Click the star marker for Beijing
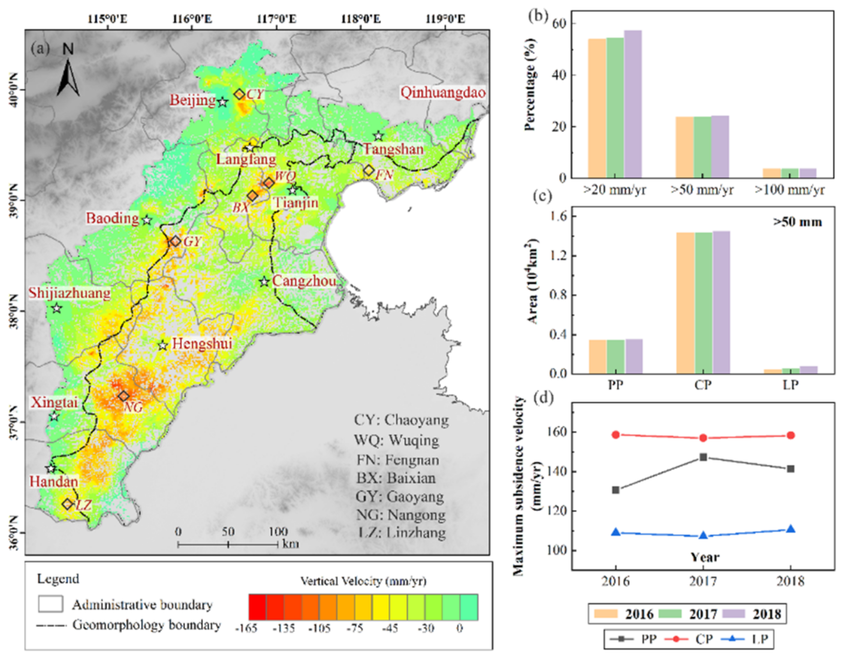pos(222,102)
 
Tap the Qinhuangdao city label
pos(443,93)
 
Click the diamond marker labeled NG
pos(124,396)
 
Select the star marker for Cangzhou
pos(264,281)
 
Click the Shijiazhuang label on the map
pos(70,293)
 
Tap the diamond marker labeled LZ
pos(68,504)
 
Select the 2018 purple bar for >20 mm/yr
pos(633,104)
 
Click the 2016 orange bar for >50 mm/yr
pos(684,147)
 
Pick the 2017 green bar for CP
pos(703,303)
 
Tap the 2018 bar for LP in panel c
pos(809,370)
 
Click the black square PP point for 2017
pos(703,457)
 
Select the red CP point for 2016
pos(616,435)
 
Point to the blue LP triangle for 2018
pos(791,529)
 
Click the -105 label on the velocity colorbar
pos(319,628)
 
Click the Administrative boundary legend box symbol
pos(50,604)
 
